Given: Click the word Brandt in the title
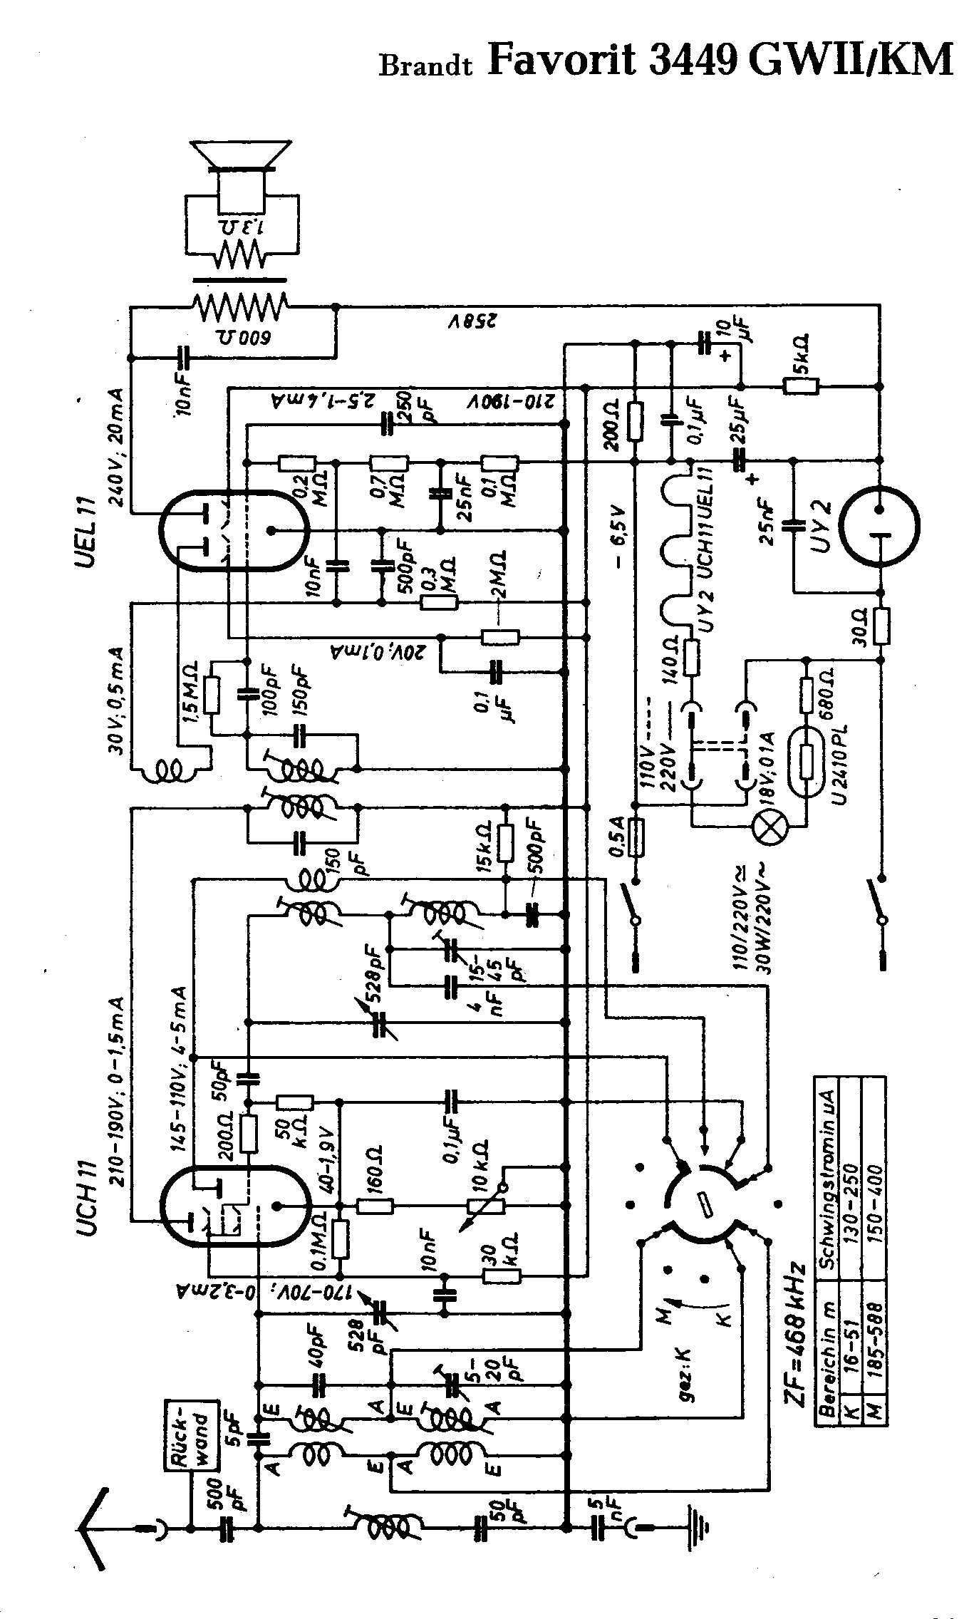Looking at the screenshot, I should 426,66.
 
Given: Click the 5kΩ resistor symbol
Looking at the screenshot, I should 800,388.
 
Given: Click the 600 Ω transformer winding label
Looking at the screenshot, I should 242,336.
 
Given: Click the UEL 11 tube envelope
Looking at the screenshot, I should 232,529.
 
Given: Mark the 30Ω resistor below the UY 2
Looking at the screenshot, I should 881,626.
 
